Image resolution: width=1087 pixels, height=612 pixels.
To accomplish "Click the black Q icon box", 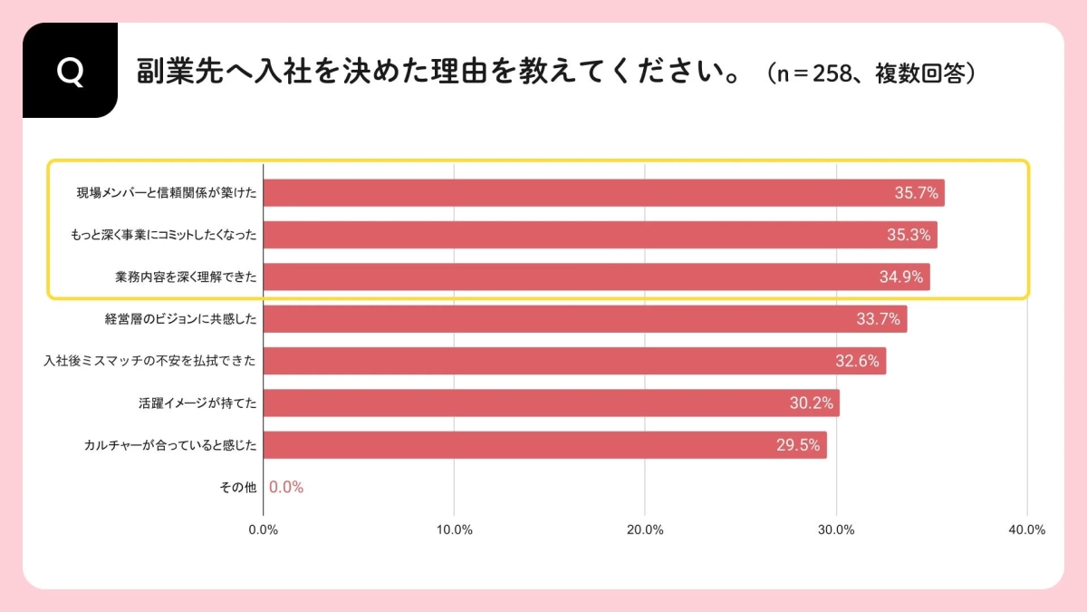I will click(70, 71).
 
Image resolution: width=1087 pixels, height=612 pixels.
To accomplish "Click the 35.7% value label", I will click(916, 193).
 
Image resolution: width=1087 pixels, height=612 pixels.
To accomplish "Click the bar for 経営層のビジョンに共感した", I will click(584, 319).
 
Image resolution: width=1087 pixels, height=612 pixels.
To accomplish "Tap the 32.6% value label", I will click(857, 361).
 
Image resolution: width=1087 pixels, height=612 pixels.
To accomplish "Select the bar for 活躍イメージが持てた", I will click(551, 403).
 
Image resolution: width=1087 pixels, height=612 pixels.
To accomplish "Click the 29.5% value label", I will click(797, 445).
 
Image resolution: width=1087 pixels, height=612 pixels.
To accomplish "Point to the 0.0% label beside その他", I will click(286, 487).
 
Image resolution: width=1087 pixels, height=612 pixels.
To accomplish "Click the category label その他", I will click(238, 487).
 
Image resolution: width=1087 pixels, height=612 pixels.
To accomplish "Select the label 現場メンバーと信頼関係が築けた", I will click(167, 193).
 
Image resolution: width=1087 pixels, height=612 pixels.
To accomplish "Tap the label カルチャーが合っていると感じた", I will click(170, 445).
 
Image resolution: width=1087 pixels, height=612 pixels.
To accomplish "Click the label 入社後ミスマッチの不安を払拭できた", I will click(150, 361).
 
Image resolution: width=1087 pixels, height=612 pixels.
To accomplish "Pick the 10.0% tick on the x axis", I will click(454, 530).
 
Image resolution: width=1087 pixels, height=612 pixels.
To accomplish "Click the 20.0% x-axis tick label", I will click(645, 530).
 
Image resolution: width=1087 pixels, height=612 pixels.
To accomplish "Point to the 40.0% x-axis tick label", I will click(1026, 530).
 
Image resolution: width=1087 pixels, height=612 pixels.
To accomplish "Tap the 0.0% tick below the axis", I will click(263, 530).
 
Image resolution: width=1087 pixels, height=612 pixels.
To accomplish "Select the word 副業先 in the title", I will click(169, 72).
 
